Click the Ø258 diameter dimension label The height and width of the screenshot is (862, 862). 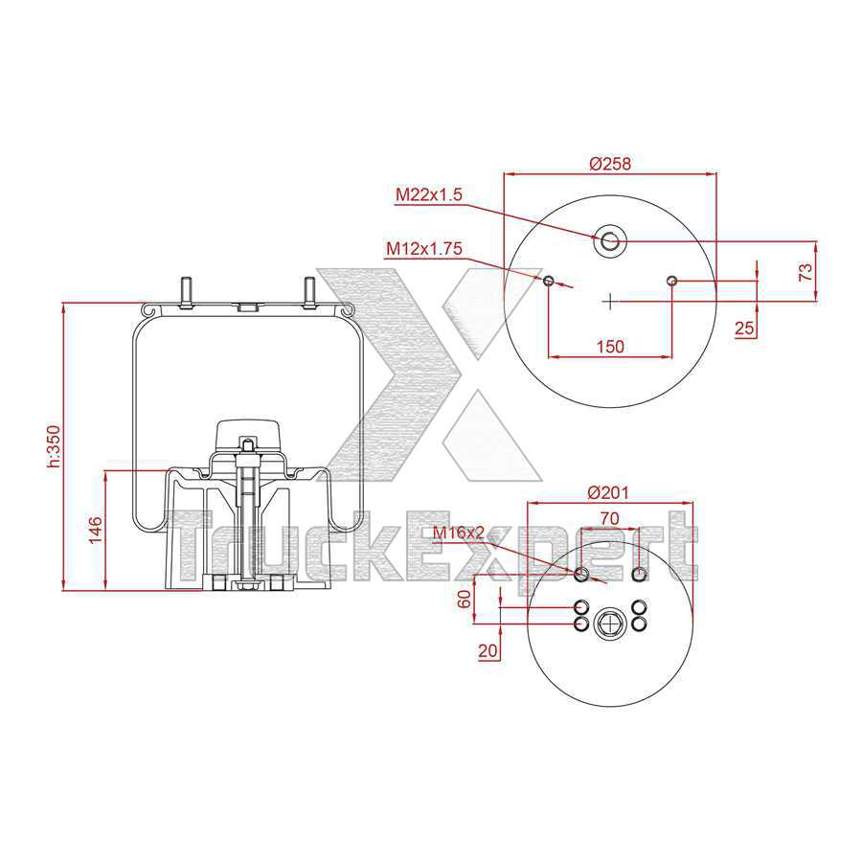610,164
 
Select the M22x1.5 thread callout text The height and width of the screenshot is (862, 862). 430,194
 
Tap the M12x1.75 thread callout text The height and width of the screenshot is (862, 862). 424,248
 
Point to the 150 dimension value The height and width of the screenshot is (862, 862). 609,346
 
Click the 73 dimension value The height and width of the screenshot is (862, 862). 806,271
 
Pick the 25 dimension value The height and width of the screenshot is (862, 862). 744,329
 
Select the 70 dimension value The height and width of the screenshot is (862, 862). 610,517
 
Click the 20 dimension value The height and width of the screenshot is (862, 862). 488,650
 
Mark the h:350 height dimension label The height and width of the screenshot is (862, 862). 54,446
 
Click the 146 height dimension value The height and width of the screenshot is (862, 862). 95,530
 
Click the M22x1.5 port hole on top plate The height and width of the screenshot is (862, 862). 609,241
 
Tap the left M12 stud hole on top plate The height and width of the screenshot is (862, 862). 549,281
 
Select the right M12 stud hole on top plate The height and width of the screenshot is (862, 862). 671,280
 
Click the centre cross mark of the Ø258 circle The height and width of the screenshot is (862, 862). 610,301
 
